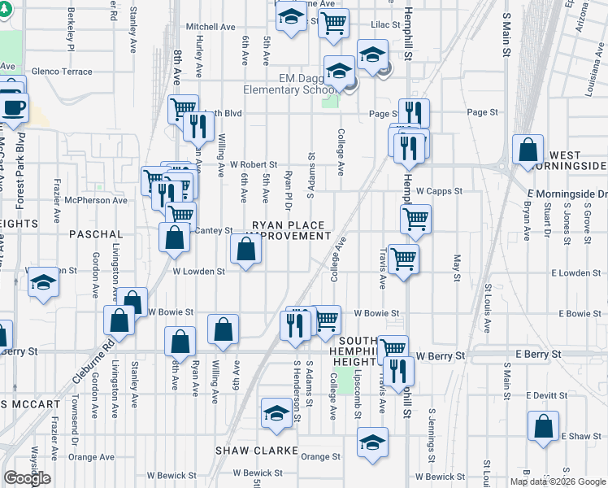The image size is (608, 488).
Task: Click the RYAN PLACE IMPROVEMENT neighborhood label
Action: pyautogui.click(x=289, y=230)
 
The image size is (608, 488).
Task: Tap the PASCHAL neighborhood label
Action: pyautogui.click(x=96, y=234)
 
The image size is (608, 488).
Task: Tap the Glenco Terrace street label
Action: pyautogui.click(x=63, y=72)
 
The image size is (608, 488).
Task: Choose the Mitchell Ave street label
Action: pyautogui.click(x=210, y=27)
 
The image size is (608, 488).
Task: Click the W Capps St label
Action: pyautogui.click(x=439, y=192)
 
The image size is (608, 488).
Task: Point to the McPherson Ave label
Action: pyautogui.click(x=97, y=200)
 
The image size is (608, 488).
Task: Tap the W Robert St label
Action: pyautogui.click(x=254, y=164)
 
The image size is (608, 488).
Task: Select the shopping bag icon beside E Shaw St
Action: pyautogui.click(x=543, y=425)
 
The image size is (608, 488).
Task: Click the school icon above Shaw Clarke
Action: pyautogui.click(x=276, y=413)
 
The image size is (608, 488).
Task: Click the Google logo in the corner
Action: pyautogui.click(x=27, y=478)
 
